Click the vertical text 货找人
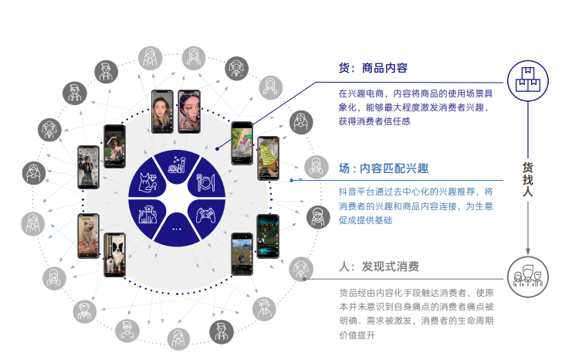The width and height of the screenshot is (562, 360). point(528,178)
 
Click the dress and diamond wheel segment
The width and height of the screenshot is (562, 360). point(149,180)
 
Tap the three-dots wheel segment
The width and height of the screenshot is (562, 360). point(178,229)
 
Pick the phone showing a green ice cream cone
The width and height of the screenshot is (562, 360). point(242,143)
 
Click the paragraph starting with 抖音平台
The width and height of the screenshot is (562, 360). point(415,205)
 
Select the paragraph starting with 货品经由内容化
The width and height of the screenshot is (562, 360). point(415,313)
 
